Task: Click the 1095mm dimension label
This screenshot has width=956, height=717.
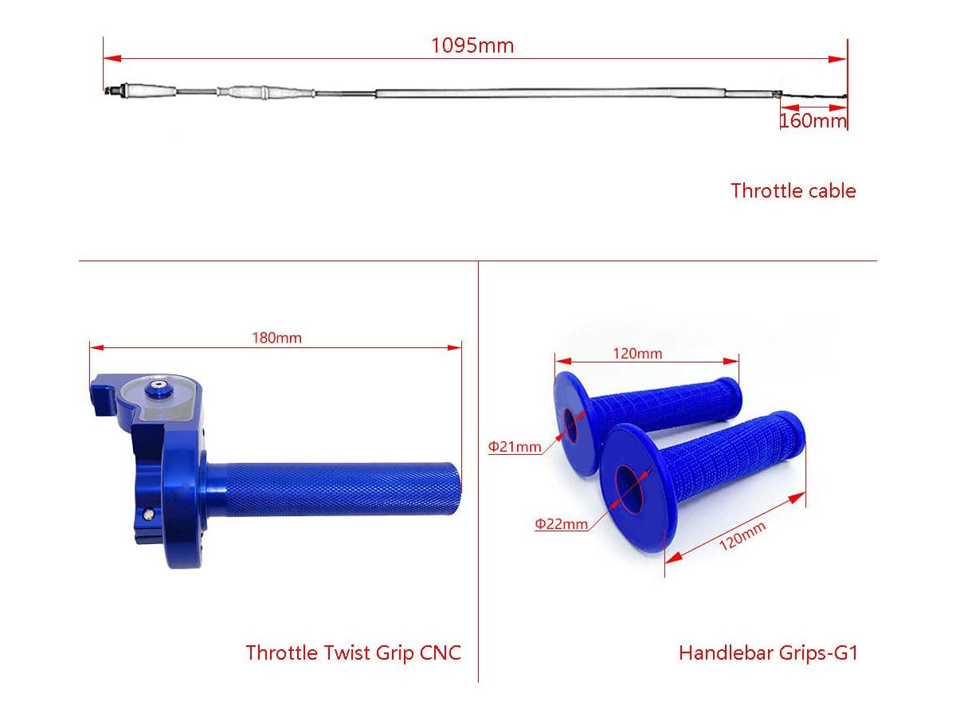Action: click(472, 45)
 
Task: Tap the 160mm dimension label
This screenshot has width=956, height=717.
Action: click(813, 120)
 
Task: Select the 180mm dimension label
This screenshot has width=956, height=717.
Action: click(276, 338)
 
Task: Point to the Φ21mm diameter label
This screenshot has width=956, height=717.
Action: click(515, 447)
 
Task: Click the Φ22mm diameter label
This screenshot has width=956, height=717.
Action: click(561, 523)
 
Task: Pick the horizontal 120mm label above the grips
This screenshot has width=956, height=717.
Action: click(637, 354)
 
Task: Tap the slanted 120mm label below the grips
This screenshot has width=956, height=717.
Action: click(742, 535)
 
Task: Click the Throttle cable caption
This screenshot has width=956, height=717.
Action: click(793, 191)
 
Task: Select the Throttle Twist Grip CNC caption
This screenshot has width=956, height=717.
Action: click(353, 653)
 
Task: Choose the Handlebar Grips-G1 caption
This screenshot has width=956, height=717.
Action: click(768, 653)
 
